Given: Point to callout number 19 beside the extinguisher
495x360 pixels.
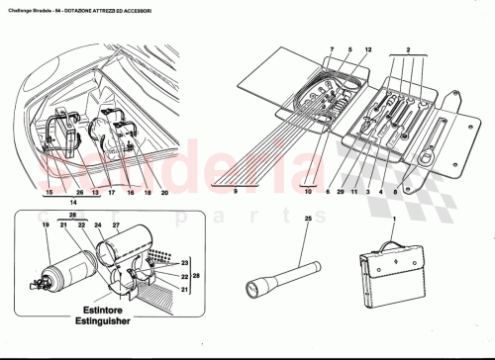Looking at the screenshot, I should click(45, 226).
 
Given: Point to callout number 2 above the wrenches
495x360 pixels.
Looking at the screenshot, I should click(406, 47).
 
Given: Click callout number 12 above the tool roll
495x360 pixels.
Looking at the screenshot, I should click(368, 47).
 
